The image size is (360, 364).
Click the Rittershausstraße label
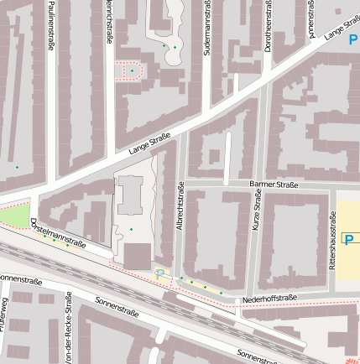click(x=333, y=240)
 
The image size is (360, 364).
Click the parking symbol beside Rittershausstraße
click(x=347, y=240)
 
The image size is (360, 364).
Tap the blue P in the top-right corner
click(x=352, y=39)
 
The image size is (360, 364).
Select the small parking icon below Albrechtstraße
click(x=159, y=273)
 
